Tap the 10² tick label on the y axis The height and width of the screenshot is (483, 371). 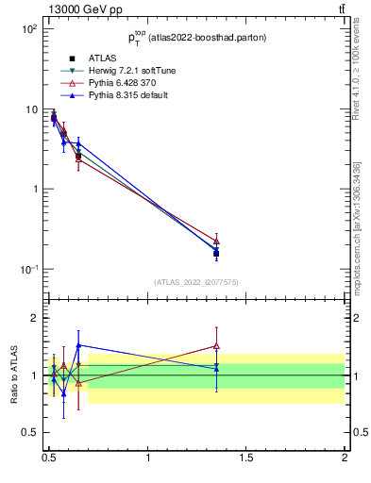click(x=28, y=29)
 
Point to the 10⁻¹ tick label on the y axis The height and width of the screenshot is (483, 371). click(x=28, y=269)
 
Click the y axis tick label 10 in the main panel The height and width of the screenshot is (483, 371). click(x=30, y=109)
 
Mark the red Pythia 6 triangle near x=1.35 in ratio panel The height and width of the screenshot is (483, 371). click(x=216, y=346)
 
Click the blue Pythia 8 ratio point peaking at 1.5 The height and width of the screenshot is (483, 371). click(x=78, y=345)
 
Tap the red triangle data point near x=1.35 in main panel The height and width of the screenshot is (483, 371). click(x=216, y=241)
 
